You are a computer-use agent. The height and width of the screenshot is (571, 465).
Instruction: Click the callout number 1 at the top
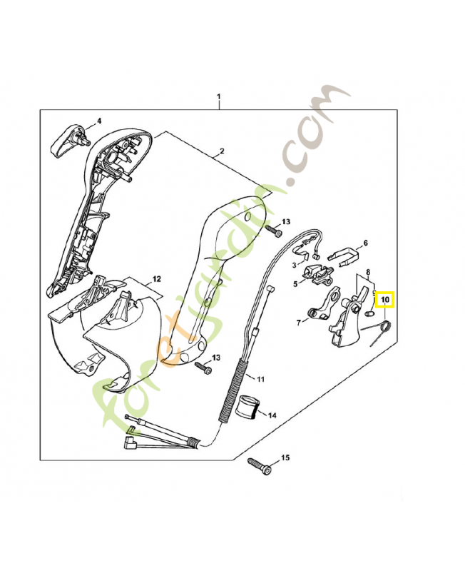click(219, 96)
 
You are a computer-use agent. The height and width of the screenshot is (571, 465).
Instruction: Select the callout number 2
click(222, 151)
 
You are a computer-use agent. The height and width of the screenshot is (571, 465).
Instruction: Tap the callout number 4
click(99, 121)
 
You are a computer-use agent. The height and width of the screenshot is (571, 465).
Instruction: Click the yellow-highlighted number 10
click(385, 300)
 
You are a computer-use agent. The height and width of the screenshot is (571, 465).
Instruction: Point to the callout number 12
click(157, 279)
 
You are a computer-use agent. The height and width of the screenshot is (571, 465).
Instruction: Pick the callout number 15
click(286, 457)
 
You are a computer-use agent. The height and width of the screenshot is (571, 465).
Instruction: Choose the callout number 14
click(272, 414)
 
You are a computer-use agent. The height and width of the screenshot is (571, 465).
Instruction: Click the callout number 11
click(260, 378)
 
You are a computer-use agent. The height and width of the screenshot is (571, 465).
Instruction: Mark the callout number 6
click(366, 243)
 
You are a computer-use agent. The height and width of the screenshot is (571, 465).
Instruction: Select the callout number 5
click(295, 283)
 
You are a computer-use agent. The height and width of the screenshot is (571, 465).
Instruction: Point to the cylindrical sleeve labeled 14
click(247, 407)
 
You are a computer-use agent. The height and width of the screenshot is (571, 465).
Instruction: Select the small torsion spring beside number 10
click(379, 330)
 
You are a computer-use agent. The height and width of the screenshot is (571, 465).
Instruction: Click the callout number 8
click(368, 273)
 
